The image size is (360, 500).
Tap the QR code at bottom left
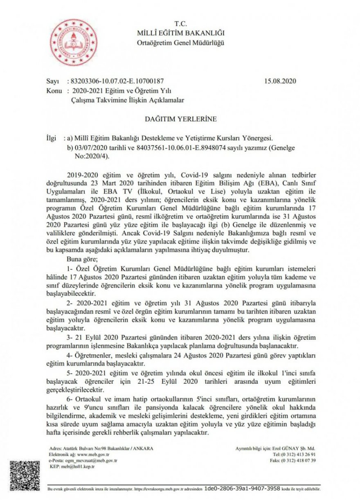tap(25, 476)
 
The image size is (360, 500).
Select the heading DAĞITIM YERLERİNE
tap(181, 119)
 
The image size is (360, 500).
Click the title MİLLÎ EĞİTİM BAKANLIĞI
tap(180, 33)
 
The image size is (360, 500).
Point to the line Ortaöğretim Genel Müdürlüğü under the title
tap(180, 43)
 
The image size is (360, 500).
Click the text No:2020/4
tap(92, 156)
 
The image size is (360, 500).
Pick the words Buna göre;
tap(82, 259)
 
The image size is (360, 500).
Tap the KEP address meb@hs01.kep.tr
tap(77, 466)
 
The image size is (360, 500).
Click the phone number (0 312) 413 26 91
tap(299, 455)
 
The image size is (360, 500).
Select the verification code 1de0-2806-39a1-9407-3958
tap(242, 489)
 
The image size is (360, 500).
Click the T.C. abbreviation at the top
tap(180, 24)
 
